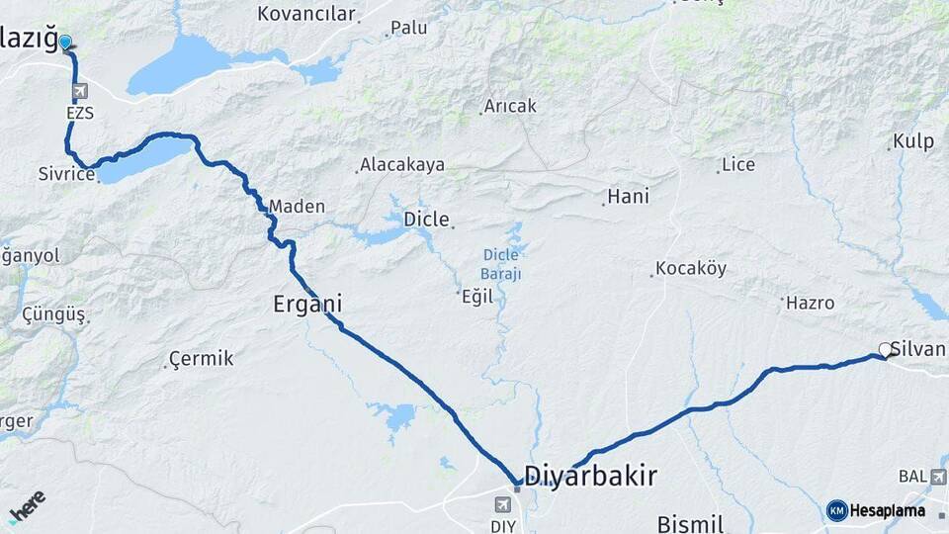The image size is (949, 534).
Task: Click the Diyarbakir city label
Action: (590, 477)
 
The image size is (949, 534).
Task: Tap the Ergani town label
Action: (307, 304)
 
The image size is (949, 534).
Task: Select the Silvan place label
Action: (918, 349)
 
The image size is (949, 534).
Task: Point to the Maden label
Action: (297, 207)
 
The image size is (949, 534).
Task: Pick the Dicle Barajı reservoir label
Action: (501, 264)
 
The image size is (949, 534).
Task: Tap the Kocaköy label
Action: (690, 269)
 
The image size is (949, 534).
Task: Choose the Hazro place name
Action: (810, 303)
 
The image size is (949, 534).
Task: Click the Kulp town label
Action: (912, 141)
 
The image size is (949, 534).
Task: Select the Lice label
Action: (737, 165)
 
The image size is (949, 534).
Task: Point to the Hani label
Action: (628, 197)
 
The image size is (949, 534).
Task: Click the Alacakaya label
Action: (401, 165)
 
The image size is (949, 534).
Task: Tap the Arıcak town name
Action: (510, 106)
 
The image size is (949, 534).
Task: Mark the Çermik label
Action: (202, 358)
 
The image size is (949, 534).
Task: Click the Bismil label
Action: (691, 524)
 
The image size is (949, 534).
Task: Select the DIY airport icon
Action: (501, 504)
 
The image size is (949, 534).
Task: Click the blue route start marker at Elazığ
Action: (65, 43)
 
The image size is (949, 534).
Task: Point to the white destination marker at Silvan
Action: (885, 349)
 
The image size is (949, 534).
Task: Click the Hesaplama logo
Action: (876, 510)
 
